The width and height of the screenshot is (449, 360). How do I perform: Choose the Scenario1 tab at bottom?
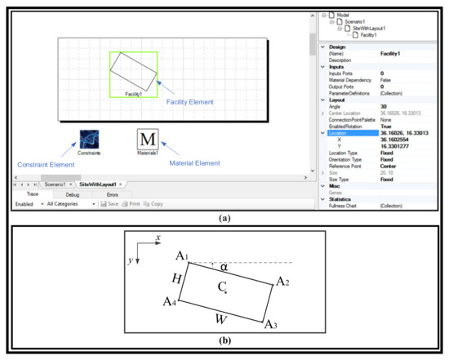click(x=56, y=184)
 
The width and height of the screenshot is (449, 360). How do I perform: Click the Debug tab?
click(x=72, y=195)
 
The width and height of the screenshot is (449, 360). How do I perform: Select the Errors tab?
click(x=111, y=195)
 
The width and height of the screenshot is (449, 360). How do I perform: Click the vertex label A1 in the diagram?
click(x=182, y=257)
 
